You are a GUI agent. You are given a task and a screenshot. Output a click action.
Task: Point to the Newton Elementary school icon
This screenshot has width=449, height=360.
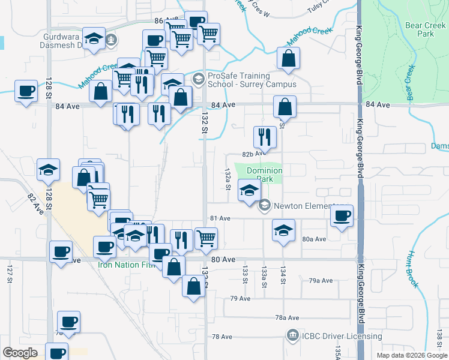click(264, 206)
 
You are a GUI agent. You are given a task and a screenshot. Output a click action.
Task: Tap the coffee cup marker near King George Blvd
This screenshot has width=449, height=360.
click(342, 216)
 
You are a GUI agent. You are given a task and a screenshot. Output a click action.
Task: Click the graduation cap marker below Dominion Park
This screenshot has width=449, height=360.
click(249, 191)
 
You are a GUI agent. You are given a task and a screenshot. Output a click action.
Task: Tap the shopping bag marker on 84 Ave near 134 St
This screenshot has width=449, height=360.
click(285, 107)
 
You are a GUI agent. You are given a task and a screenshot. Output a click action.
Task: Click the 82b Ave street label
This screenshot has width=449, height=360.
click(253, 154)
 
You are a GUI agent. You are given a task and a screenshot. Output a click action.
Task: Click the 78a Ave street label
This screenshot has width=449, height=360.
click(287, 317)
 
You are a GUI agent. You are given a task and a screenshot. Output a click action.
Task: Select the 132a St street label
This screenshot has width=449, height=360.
click(228, 179)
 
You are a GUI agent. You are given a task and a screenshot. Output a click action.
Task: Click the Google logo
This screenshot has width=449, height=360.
click(20, 353)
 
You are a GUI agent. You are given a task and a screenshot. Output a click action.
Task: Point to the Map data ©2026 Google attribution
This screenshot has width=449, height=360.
click(411, 355)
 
